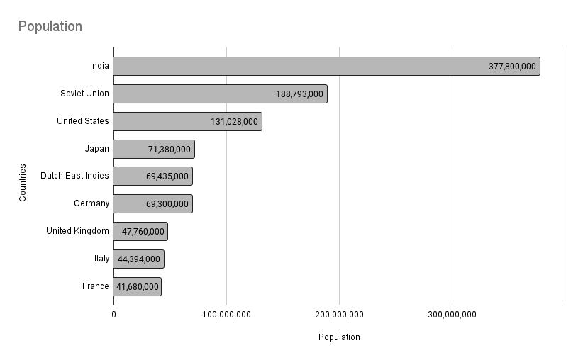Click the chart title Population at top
(50, 27)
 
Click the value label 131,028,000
(234, 121)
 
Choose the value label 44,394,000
(139, 259)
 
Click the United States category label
(83, 121)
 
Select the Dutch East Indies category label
(74, 176)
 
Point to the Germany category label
(91, 203)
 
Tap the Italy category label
(101, 259)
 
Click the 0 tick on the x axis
(113, 314)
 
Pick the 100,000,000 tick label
(226, 314)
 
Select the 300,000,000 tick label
(452, 314)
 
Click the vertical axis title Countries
(23, 183)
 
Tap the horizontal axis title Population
(339, 337)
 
